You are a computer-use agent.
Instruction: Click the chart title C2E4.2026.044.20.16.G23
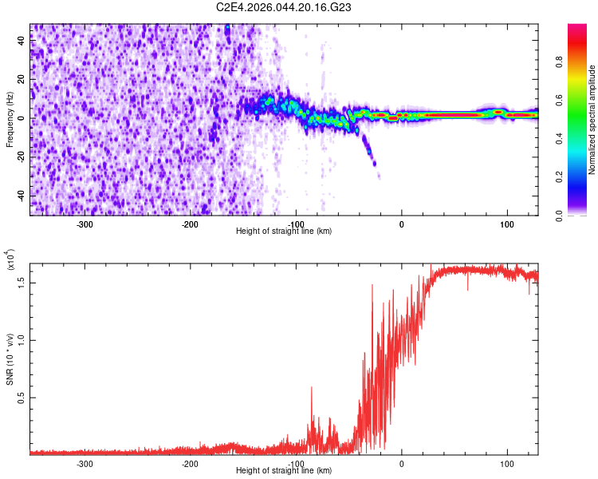[284, 7]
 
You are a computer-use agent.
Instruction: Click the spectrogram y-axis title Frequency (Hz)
[10, 120]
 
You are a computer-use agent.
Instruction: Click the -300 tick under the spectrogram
[85, 224]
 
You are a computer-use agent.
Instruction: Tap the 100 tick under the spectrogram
[506, 224]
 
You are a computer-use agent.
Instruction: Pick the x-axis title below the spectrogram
[284, 232]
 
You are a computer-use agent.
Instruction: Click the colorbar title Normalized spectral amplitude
[592, 120]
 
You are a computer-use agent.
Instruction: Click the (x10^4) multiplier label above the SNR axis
[10, 259]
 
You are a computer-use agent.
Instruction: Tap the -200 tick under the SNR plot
[190, 463]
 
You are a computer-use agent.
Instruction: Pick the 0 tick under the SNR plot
[401, 463]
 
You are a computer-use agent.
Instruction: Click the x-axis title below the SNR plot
[284, 471]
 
